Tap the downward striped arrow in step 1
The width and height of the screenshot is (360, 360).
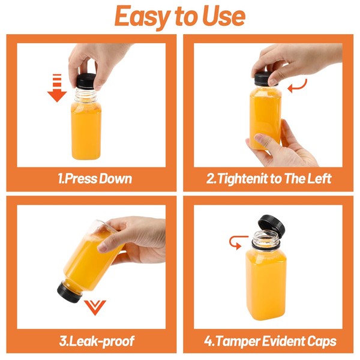pos(57,88)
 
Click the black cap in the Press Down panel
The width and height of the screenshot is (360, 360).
pos(86,81)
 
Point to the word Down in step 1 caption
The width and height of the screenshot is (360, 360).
pos(115,179)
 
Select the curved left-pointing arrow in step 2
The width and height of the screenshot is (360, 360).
pos(297,87)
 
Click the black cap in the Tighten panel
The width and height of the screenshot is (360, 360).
pos(265,79)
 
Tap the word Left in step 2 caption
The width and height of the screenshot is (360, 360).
pos(319,179)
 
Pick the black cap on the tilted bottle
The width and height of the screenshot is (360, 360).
pos(69,292)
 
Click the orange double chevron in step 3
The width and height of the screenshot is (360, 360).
pos(95,307)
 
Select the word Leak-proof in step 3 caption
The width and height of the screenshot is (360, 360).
pos(101,341)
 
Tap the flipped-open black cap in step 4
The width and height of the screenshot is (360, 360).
pos(272,224)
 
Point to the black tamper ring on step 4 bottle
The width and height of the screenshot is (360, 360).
pos(266,246)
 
